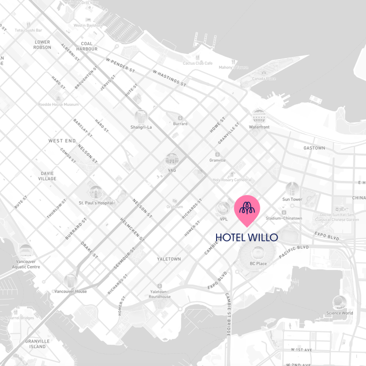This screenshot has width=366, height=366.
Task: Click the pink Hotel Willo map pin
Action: (247, 209)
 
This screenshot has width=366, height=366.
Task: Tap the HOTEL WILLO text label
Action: (247, 237)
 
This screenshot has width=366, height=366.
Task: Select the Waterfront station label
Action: (259, 127)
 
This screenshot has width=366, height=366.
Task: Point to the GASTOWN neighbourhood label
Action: (314, 148)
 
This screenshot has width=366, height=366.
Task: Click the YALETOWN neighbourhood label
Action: (169, 259)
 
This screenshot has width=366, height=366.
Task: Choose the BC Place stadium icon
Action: (258, 253)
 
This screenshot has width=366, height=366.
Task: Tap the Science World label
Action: (340, 313)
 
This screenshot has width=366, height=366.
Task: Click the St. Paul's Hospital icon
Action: (96, 192)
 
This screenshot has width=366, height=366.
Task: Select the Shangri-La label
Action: (141, 127)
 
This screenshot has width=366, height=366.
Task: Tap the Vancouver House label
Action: (71, 291)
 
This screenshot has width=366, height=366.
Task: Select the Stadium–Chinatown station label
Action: (284, 218)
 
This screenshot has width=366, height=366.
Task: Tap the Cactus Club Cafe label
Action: (198, 63)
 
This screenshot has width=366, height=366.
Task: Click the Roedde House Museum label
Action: (58, 104)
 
